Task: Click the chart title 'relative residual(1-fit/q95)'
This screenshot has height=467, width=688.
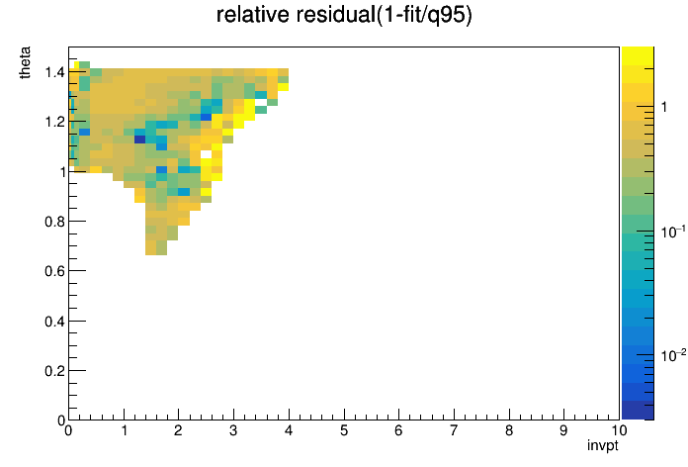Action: pos(344,15)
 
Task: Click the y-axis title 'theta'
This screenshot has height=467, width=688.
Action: pos(25,62)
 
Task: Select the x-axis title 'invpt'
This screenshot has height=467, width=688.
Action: pos(603,445)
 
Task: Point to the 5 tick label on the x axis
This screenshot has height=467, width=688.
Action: pos(344,430)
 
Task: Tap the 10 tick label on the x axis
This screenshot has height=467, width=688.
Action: pos(619,430)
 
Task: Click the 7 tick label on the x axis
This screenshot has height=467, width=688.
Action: pos(454,430)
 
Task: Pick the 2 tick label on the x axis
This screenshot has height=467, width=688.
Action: pos(178,430)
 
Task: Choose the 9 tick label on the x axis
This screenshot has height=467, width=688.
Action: pos(563,430)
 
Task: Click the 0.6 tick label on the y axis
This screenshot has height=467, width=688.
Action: pos(54,271)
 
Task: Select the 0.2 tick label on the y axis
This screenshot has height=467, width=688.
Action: pos(54,371)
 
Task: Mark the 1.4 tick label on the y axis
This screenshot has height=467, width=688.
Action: pos(54,71)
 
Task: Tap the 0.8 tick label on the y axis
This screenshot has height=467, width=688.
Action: pos(54,222)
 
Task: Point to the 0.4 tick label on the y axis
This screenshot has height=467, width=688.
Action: pos(54,322)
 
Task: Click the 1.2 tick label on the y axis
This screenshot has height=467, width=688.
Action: pos(54,122)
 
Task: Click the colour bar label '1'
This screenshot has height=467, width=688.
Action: pos(664,107)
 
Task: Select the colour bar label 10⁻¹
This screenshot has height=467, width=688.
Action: pos(672,232)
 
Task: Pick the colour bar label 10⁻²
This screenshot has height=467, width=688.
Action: pos(672,355)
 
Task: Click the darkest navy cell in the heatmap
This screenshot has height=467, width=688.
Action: pos(140,140)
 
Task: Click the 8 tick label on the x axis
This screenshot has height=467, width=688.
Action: pos(509,430)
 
